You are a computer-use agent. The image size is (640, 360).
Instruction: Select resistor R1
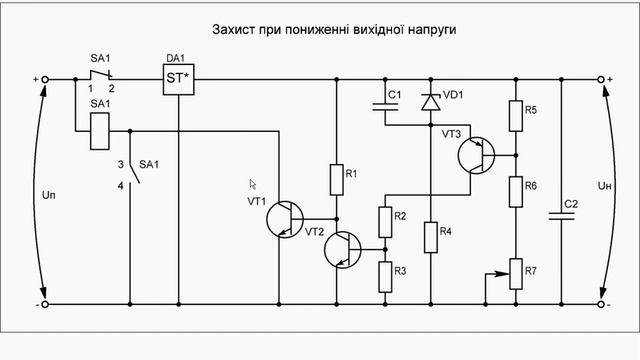pyautogui.click(x=336, y=179)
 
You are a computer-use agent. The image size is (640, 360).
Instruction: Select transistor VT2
pyautogui.click(x=344, y=250)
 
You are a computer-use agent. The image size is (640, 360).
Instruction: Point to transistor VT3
pyautogui.click(x=474, y=155)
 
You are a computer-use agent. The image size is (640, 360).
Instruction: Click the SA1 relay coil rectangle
pyautogui.click(x=100, y=131)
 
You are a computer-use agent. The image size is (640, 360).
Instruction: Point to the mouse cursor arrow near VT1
pyautogui.click(x=253, y=184)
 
